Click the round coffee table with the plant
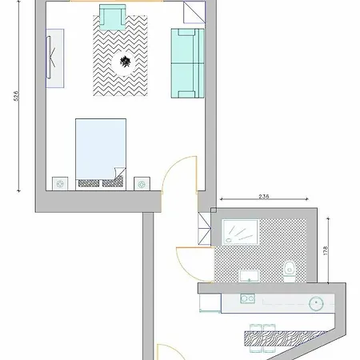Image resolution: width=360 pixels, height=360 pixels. (124, 63)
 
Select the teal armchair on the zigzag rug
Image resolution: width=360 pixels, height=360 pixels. (113, 17)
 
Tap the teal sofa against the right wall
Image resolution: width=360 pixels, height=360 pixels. (187, 63)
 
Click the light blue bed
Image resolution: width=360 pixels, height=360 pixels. (101, 154)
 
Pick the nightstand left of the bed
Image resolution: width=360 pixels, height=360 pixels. (60, 183)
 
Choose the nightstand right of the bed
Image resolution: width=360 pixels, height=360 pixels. (142, 183)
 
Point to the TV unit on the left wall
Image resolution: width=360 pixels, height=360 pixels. (55, 58)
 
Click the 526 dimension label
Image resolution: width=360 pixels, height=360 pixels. (16, 96)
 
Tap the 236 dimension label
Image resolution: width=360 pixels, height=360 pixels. (264, 197)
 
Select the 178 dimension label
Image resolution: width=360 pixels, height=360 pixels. (325, 250)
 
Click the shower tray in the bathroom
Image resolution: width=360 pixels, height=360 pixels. (240, 232)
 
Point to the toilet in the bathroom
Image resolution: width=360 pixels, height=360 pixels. (290, 271)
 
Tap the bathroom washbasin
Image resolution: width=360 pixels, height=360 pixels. (249, 276)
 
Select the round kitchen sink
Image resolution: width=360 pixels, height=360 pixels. (316, 303)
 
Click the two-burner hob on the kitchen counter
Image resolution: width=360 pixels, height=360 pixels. (247, 298)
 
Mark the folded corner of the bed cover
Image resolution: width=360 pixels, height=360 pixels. (120, 173)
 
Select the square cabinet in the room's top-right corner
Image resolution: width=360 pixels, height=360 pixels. (194, 12)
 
